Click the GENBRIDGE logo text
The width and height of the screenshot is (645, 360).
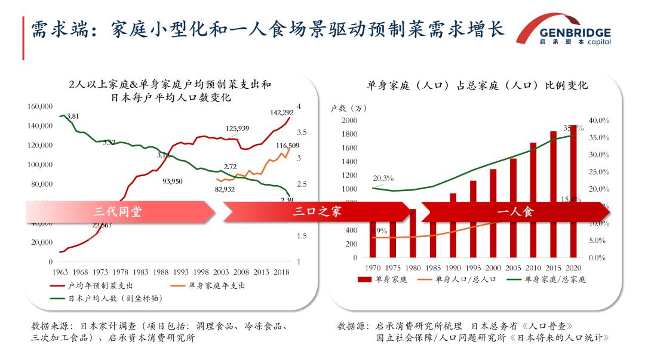click(x=575, y=32)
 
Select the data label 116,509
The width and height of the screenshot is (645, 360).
click(x=287, y=146)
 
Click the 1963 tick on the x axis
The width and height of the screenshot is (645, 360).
click(x=60, y=272)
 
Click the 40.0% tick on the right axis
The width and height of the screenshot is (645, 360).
click(x=598, y=121)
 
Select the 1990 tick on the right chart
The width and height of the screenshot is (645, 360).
click(x=453, y=267)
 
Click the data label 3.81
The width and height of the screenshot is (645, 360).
click(x=72, y=116)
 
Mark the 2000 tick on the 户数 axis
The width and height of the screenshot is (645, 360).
click(x=349, y=121)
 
